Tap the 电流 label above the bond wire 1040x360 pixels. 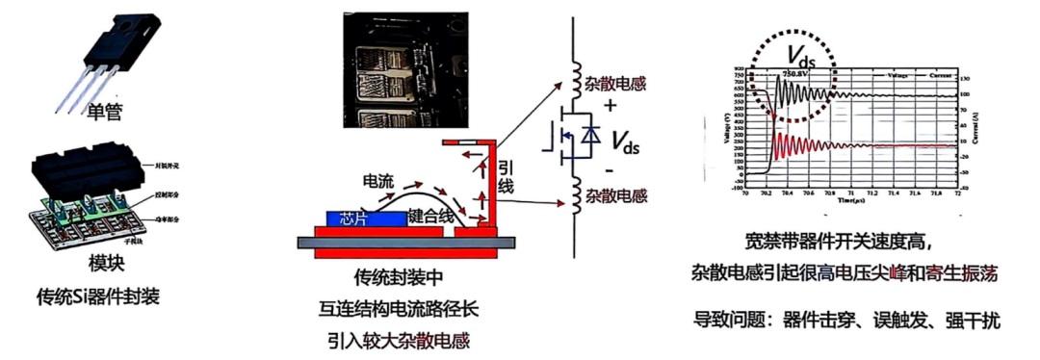[377, 181]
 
